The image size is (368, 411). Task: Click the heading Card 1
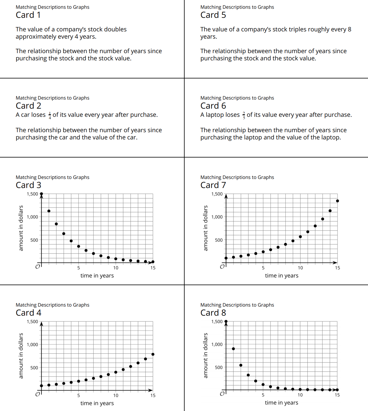click(x=28, y=15)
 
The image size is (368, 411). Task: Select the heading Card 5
click(x=213, y=15)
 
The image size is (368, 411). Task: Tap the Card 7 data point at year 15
click(x=337, y=201)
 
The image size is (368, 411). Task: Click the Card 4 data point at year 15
click(x=153, y=354)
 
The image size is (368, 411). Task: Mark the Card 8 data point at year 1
click(x=233, y=349)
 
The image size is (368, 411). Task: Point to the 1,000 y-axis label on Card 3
click(x=32, y=217)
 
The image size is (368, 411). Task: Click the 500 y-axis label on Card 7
click(x=219, y=240)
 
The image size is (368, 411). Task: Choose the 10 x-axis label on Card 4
click(x=116, y=396)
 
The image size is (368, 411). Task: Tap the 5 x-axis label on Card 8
click(x=263, y=395)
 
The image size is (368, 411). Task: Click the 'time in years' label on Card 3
click(x=97, y=276)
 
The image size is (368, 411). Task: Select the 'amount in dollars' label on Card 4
click(x=21, y=355)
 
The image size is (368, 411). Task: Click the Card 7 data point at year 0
click(x=226, y=258)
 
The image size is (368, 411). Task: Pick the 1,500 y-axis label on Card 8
click(x=217, y=322)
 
